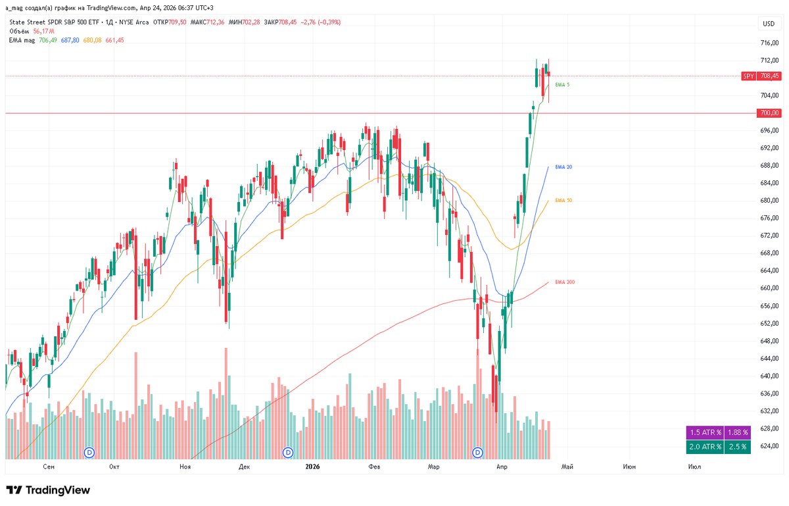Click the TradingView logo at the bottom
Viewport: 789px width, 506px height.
coord(48,490)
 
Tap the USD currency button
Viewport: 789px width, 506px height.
coord(768,24)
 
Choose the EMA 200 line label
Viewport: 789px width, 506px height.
coord(565,282)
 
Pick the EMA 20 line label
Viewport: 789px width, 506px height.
coord(563,167)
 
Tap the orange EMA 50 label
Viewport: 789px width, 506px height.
coord(563,200)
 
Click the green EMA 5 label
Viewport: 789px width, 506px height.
coord(562,85)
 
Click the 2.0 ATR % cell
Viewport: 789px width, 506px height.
coord(705,447)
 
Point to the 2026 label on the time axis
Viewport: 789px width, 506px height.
coord(312,467)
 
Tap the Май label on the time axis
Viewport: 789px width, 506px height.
coord(567,467)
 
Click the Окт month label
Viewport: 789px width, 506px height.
coord(114,467)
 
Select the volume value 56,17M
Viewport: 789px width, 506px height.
coord(43,31)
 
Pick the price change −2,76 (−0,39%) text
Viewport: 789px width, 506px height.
coord(322,22)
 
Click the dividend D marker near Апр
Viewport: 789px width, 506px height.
coord(479,453)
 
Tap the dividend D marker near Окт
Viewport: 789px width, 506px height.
coord(91,453)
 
